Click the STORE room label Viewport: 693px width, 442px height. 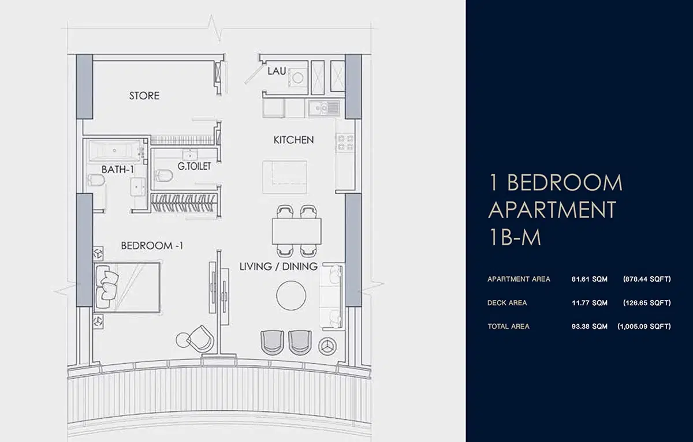tap(144, 96)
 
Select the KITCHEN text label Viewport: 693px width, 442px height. tap(293, 140)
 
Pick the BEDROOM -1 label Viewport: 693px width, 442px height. tap(152, 246)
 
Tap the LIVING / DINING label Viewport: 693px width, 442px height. tap(279, 267)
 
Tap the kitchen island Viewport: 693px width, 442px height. tap(285, 177)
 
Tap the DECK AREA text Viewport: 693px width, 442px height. tap(507, 303)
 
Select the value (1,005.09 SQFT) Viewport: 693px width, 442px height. tap(644, 327)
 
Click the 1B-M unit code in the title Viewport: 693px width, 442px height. tap(515, 237)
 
